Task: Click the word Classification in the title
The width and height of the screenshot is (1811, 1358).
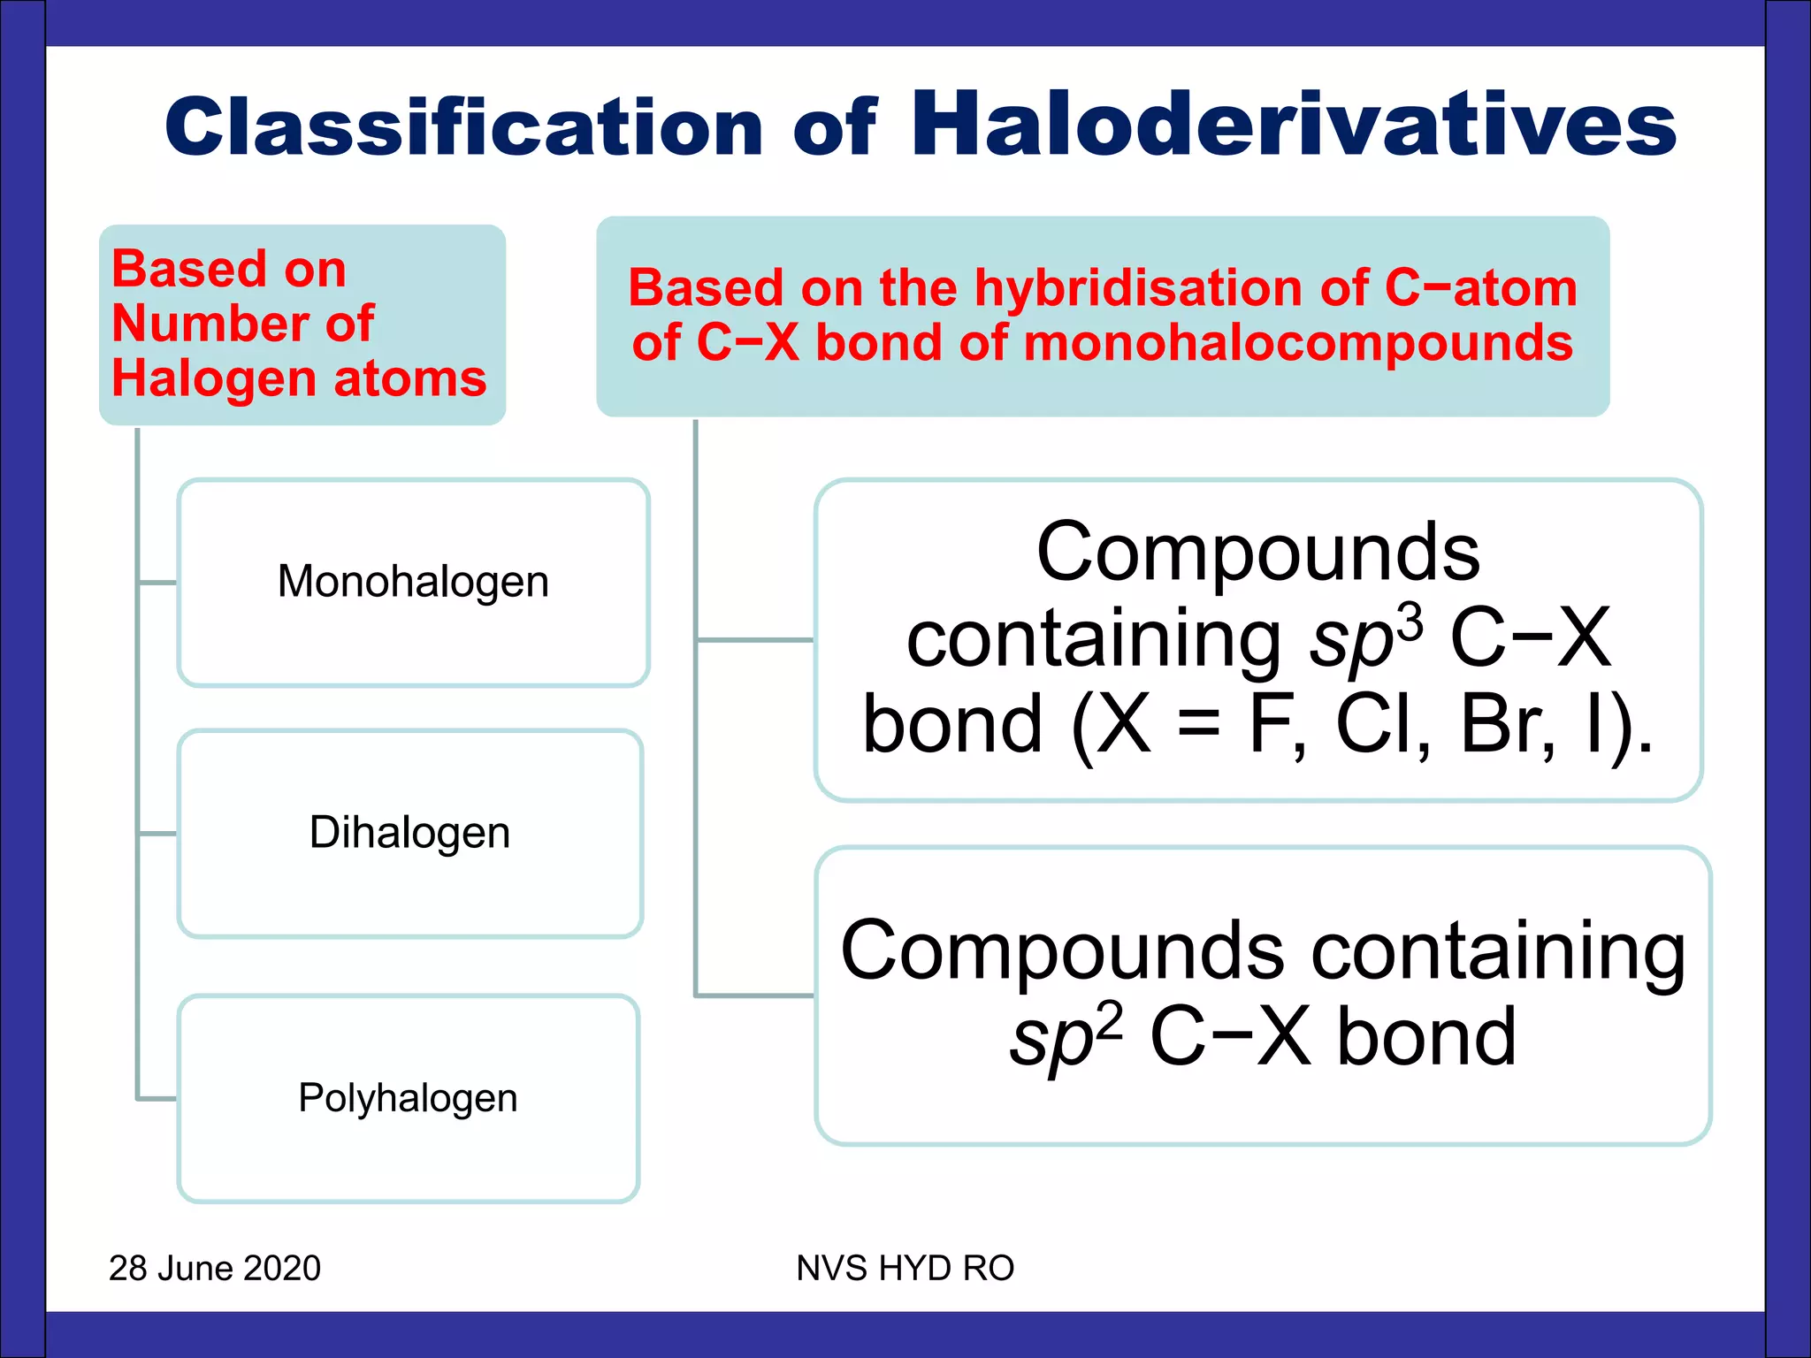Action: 463,128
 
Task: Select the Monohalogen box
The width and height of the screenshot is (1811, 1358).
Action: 413,583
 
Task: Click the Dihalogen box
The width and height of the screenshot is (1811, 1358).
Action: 409,833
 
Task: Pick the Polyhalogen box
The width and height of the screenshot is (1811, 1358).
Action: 408,1098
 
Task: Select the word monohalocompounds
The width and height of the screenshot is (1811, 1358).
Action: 1297,343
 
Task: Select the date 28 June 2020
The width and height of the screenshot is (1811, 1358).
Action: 215,1268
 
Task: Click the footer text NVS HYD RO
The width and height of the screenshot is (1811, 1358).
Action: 905,1268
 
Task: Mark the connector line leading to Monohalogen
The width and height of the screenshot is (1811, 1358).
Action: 157,583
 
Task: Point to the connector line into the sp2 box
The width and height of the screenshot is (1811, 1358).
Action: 753,996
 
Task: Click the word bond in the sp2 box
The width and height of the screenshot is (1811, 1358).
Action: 1425,1036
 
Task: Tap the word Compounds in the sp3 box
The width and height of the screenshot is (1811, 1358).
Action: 1257,552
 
